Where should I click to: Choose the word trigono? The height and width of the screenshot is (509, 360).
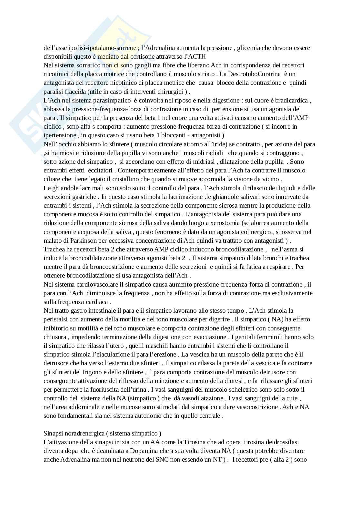point(94,372)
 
